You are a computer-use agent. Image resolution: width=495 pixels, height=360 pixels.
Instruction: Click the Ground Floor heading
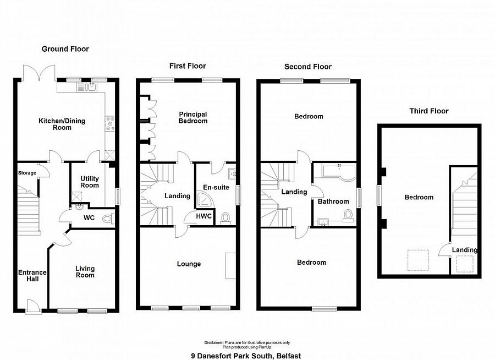65,49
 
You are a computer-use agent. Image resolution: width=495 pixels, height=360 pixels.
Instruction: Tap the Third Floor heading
428,111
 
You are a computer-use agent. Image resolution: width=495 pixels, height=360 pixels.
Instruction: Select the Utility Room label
90,182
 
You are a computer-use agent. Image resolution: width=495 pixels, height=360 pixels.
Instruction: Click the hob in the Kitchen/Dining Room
110,124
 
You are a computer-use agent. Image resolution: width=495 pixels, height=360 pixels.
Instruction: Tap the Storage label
27,173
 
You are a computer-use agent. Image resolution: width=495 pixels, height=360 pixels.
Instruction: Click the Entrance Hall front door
34,307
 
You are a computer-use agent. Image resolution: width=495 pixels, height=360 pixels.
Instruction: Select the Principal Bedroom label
193,118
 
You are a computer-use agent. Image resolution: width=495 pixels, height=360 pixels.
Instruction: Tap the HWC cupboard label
204,216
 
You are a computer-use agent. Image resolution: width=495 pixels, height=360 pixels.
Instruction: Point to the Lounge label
189,264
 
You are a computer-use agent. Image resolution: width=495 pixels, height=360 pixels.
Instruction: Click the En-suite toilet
226,219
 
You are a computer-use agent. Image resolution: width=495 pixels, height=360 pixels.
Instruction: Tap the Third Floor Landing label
464,250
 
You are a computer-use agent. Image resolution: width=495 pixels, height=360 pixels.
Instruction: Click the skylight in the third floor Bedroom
417,260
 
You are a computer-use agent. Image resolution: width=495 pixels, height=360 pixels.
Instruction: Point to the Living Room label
85,272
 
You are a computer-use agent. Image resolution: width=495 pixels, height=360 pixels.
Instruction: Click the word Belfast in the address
289,356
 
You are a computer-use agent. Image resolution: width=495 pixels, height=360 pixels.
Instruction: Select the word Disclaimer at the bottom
214,342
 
